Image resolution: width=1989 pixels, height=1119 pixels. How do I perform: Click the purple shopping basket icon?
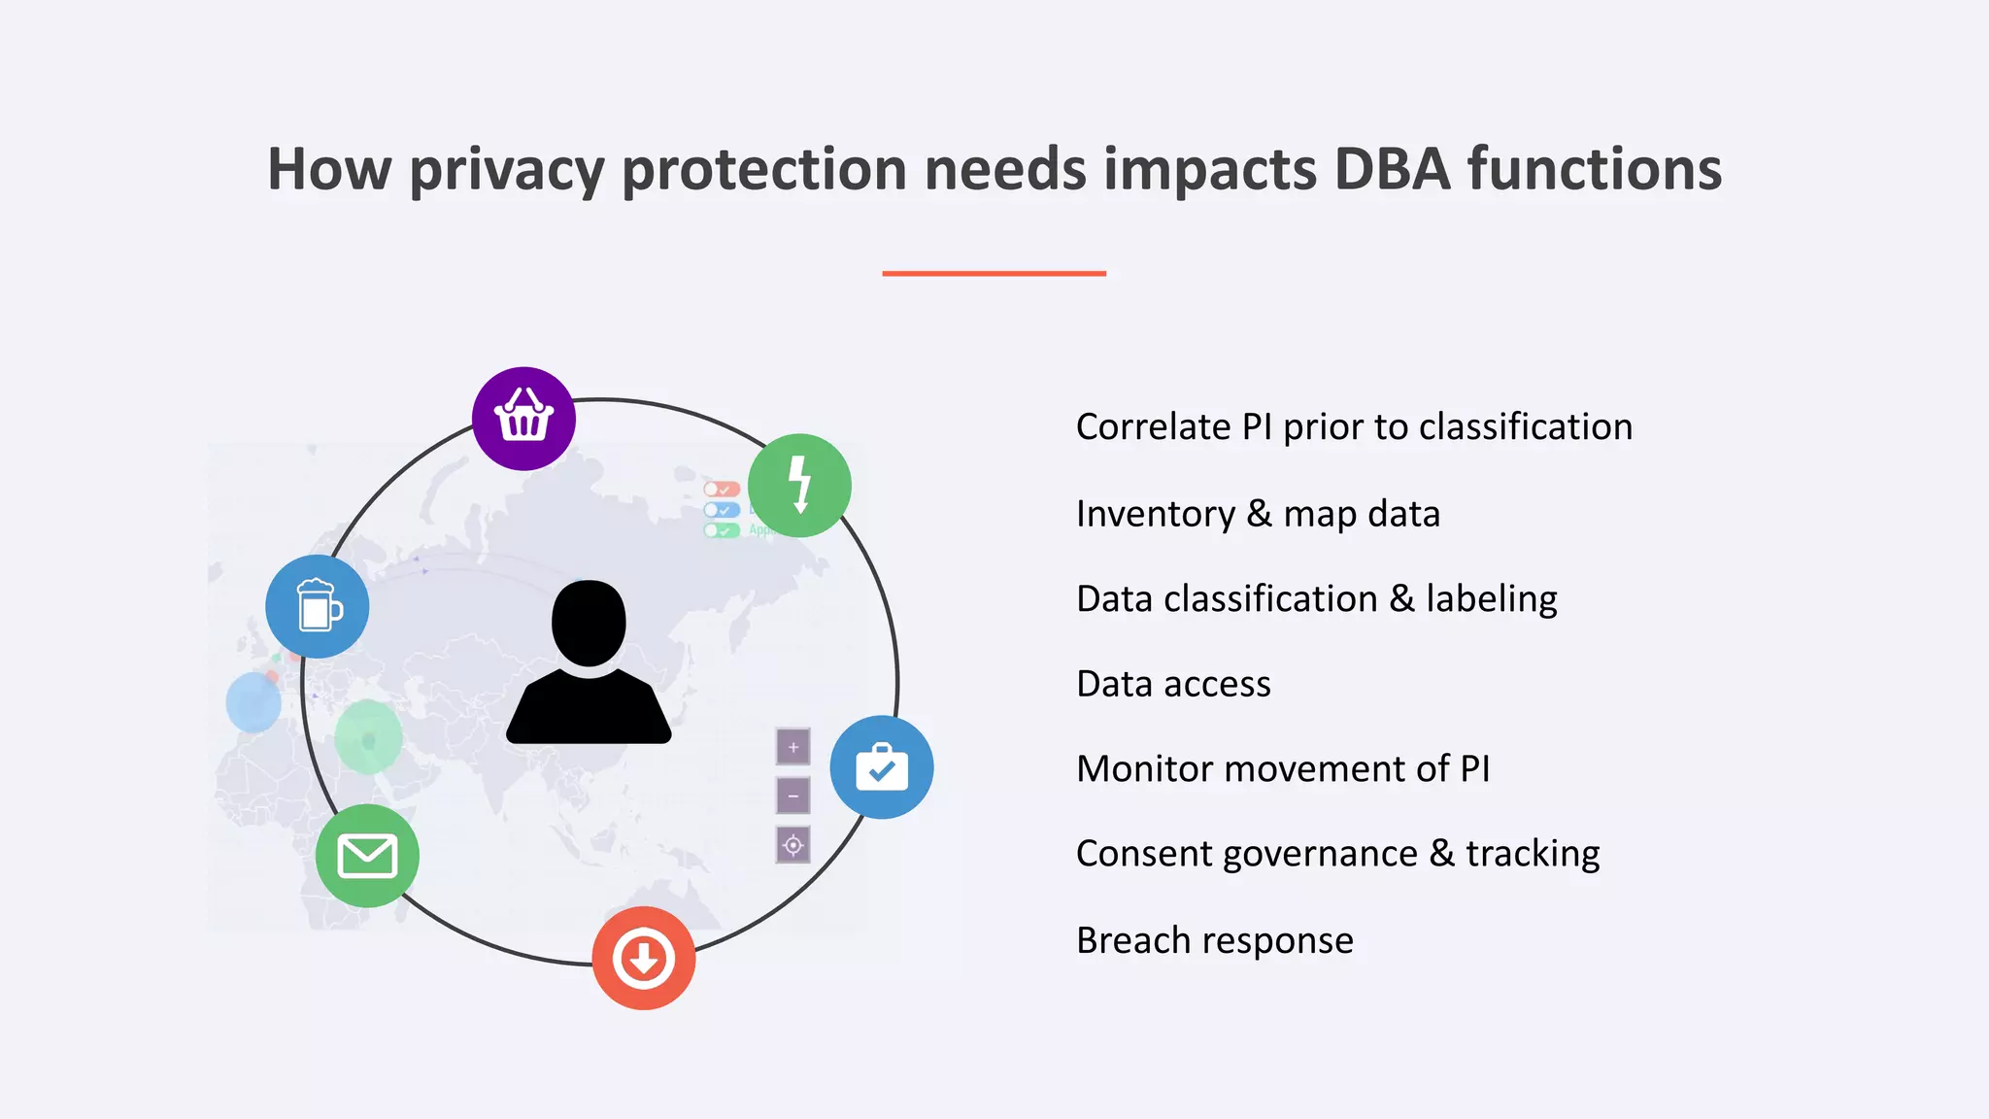click(x=523, y=419)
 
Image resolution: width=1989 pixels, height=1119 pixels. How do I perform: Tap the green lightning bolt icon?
click(x=799, y=485)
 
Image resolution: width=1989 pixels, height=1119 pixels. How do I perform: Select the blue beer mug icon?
click(x=318, y=606)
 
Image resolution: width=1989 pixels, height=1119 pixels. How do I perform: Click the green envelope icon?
click(x=367, y=856)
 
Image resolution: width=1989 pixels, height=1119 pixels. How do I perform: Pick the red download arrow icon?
click(x=644, y=958)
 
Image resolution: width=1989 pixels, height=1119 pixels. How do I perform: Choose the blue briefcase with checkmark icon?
click(x=882, y=767)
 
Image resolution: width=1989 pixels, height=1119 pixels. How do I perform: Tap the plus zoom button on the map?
click(x=793, y=747)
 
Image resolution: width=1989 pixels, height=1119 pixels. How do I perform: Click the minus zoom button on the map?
click(x=793, y=796)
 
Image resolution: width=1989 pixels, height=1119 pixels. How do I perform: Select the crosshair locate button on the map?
click(x=793, y=845)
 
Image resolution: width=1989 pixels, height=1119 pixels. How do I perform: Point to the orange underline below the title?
click(x=994, y=274)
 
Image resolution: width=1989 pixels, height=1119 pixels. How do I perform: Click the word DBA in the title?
click(x=1392, y=169)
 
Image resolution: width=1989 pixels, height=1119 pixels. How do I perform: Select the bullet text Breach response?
click(x=1214, y=940)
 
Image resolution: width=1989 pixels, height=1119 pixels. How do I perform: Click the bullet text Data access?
click(x=1173, y=684)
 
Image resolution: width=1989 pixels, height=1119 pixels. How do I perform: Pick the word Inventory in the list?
click(x=1156, y=514)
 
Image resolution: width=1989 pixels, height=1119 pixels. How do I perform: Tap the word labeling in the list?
click(x=1492, y=599)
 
